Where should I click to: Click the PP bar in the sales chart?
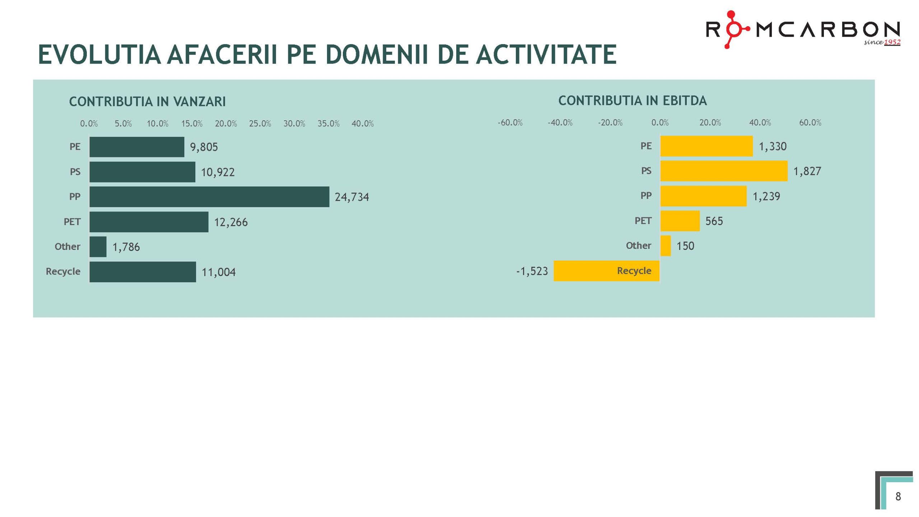click(x=209, y=197)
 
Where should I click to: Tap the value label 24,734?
click(x=352, y=197)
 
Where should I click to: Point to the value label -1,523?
click(x=532, y=271)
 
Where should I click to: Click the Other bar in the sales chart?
click(x=98, y=247)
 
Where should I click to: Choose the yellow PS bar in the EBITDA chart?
click(x=723, y=171)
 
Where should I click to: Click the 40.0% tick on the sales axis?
click(x=363, y=124)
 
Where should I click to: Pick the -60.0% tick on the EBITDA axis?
click(x=510, y=123)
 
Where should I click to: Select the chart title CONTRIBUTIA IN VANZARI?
click(x=147, y=102)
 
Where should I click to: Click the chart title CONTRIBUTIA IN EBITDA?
click(x=633, y=101)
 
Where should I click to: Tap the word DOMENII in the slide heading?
click(x=377, y=55)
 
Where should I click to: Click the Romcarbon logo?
click(x=802, y=29)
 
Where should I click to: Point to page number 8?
click(x=898, y=497)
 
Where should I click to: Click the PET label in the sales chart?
click(x=72, y=222)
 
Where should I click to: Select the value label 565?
click(x=714, y=221)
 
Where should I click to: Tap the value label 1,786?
click(x=126, y=247)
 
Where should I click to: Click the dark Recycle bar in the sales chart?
click(x=143, y=272)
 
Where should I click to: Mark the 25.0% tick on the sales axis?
click(x=260, y=124)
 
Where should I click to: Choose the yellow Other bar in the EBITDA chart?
click(x=665, y=246)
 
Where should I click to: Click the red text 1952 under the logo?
click(x=892, y=42)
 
